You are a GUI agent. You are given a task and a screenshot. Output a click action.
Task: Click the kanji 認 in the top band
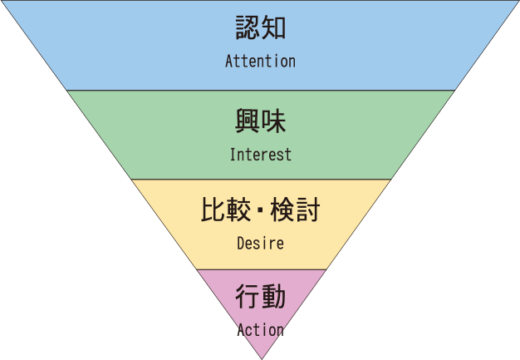(248, 28)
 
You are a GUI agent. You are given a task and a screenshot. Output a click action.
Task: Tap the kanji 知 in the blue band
(273, 28)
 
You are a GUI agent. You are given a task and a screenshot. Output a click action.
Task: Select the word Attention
(260, 62)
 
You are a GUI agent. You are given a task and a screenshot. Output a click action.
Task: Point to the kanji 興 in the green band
(248, 121)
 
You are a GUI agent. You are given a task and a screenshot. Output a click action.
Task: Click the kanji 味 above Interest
(273, 121)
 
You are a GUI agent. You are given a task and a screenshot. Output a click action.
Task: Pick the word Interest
(260, 155)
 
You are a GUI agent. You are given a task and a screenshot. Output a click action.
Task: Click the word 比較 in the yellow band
(226, 210)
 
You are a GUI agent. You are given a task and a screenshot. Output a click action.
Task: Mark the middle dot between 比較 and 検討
(261, 210)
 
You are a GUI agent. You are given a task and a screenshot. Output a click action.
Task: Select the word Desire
(260, 244)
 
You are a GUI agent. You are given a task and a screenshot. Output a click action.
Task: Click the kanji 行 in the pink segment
(248, 297)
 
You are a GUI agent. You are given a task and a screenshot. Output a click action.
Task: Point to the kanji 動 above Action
(273, 297)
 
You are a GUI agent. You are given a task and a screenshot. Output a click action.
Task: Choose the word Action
(260, 330)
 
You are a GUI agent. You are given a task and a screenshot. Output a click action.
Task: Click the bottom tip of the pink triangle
(261, 358)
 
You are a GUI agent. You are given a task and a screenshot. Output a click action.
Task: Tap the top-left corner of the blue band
(2, 1)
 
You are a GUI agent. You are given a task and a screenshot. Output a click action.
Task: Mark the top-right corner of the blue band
(518, 1)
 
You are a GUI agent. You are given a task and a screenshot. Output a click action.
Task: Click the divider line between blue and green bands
(261, 90)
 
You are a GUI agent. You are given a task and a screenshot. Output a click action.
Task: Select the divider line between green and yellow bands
(261, 180)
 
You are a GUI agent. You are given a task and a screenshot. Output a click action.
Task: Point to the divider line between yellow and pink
(261, 269)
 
